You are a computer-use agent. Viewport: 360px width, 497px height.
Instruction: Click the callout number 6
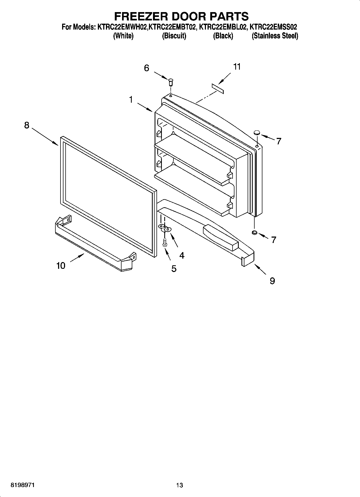pos(147,68)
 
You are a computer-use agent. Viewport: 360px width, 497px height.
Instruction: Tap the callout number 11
pos(237,67)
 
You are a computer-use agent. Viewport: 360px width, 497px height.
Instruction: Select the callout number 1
pos(131,100)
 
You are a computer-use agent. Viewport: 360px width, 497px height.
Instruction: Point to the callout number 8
pos(27,125)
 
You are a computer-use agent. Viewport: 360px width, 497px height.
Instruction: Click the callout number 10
pos(61,266)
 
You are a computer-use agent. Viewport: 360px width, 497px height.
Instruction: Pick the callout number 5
pos(174,268)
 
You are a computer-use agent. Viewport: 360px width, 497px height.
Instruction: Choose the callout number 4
pos(182,255)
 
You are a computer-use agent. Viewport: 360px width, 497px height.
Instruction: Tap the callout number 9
pos(272,281)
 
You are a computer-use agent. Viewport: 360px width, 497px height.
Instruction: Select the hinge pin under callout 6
pos(170,82)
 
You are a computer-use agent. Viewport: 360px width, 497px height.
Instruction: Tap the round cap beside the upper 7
pos(257,132)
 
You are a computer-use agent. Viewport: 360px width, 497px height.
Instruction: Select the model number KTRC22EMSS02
pos(273,27)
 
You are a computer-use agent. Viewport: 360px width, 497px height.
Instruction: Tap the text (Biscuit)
pos(174,36)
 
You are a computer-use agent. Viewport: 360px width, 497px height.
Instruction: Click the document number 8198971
pos(22,485)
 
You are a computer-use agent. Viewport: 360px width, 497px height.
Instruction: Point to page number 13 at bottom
pos(180,485)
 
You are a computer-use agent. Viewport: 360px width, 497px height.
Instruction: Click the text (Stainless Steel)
pos(275,36)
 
